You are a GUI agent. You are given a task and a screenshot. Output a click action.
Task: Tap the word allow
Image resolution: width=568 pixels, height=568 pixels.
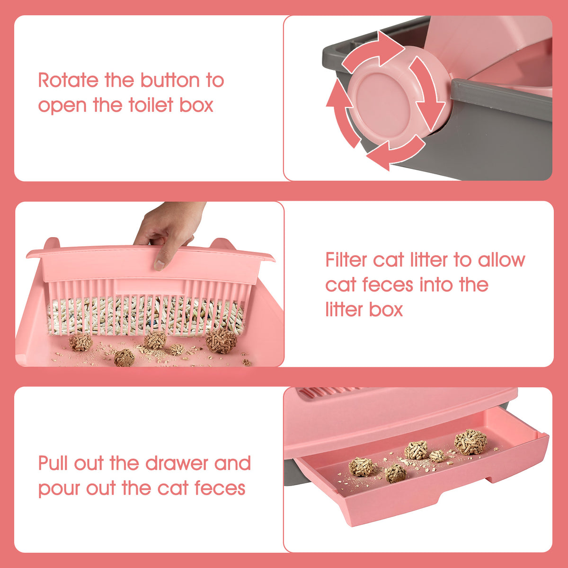(x=501, y=260)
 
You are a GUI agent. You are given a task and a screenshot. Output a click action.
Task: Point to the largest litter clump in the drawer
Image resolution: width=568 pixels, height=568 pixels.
(x=470, y=442)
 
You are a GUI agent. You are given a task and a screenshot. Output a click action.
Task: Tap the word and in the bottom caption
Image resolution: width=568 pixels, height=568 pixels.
(x=232, y=463)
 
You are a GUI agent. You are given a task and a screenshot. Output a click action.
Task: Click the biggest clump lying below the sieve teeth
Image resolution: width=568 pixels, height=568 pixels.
(x=221, y=340)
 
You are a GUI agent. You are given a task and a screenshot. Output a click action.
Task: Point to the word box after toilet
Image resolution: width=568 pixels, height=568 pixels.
(x=196, y=105)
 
